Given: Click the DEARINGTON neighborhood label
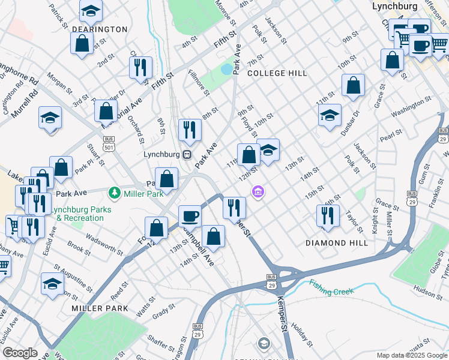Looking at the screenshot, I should coord(100,29).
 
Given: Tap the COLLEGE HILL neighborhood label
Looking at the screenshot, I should coord(277,73).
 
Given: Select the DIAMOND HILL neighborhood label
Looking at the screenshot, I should coord(337,243).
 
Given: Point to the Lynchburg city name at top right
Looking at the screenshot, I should coord(394,7).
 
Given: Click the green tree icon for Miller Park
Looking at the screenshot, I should coord(113,193).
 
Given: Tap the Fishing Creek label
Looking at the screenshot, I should coord(331,286).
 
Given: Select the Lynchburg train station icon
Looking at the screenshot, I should coord(187,154).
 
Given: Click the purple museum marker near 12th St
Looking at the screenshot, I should coord(258,191).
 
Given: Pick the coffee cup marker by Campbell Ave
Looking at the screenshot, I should coord(190,216).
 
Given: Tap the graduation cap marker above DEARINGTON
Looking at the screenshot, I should coord(91,11).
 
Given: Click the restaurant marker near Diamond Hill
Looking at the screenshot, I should coord(328,216).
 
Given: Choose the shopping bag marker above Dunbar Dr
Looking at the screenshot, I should coord(354,85).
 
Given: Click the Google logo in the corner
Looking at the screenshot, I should coord(20,353).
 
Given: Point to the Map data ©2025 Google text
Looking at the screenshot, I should coord(411,355).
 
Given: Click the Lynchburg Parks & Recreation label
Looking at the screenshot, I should coord(80,214).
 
